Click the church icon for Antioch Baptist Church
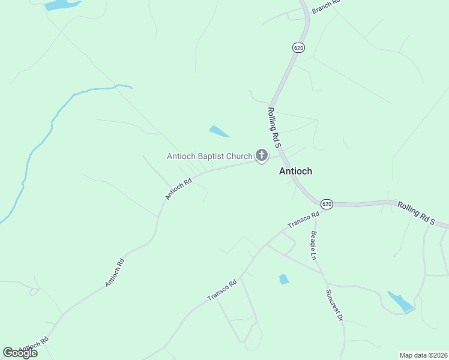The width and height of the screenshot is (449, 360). click(262, 155)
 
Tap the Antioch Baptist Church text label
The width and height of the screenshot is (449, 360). click(209, 157)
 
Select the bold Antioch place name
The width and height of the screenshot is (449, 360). click(295, 171)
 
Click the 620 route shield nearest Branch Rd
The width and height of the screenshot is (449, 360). click(298, 47)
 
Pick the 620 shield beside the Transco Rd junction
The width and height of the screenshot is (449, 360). click(326, 204)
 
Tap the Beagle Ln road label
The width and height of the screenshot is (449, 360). click(313, 245)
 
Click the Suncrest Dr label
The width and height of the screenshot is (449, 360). click(334, 306)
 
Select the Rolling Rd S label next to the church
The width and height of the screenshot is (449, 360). click(274, 127)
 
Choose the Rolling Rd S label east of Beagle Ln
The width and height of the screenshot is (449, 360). click(415, 213)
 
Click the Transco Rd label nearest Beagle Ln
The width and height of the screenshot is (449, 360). click(303, 220)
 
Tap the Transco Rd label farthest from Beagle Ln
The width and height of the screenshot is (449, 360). click(222, 290)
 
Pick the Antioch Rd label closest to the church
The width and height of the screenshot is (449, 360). click(178, 188)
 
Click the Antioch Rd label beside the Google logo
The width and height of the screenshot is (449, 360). click(33, 346)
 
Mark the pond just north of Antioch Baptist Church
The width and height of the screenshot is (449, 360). click(218, 131)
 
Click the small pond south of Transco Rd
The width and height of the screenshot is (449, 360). click(284, 279)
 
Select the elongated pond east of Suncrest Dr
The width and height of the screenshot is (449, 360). click(400, 301)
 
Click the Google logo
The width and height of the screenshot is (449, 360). click(20, 353)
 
